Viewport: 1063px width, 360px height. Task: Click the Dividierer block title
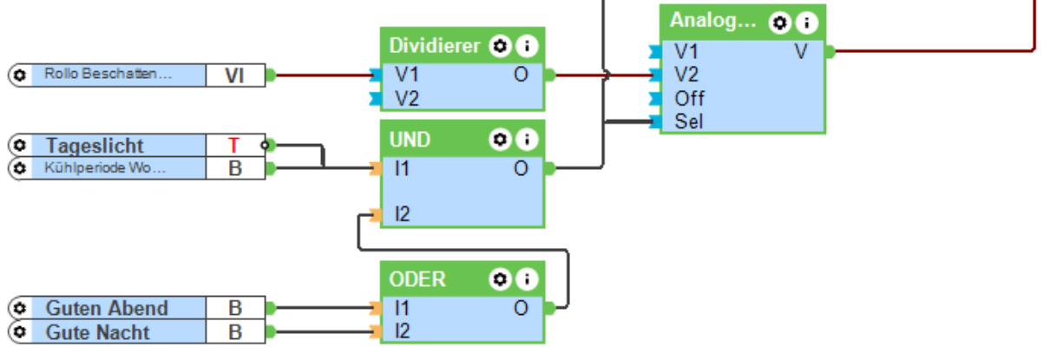(435, 45)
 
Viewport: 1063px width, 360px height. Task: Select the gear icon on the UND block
(500, 139)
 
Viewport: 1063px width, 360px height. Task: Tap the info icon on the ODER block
(526, 279)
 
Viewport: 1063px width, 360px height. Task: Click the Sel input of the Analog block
(688, 121)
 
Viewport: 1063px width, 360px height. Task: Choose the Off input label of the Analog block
(690, 98)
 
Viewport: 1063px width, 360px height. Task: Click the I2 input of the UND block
(401, 213)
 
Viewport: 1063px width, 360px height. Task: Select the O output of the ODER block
(521, 306)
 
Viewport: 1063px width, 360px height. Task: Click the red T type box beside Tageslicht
(234, 145)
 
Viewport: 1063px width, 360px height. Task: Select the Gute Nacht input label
(98, 332)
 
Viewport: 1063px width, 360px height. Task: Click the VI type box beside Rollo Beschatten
(234, 75)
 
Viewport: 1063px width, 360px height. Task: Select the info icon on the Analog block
(807, 22)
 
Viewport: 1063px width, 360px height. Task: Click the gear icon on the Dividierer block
(500, 45)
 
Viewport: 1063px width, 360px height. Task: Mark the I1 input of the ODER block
(401, 307)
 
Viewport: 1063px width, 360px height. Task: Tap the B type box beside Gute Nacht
(234, 332)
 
